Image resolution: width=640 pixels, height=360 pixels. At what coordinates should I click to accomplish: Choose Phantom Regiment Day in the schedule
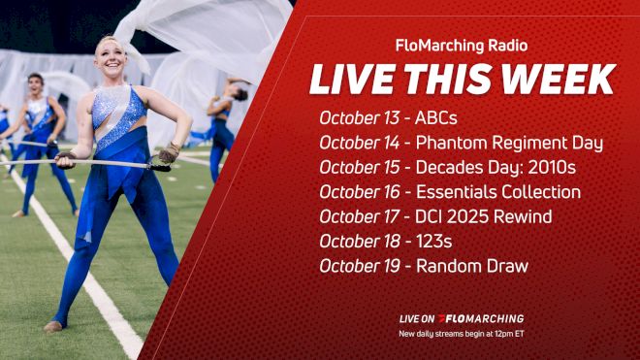coord(509,143)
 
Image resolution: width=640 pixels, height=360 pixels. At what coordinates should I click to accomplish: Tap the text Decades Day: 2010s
coord(494,167)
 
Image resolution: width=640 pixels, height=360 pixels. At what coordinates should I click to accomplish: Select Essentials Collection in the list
coord(497,191)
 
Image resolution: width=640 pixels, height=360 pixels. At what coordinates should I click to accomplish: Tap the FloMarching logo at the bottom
coord(481,318)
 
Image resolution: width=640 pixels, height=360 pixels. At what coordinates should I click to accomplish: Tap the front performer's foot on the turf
coord(54,325)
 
